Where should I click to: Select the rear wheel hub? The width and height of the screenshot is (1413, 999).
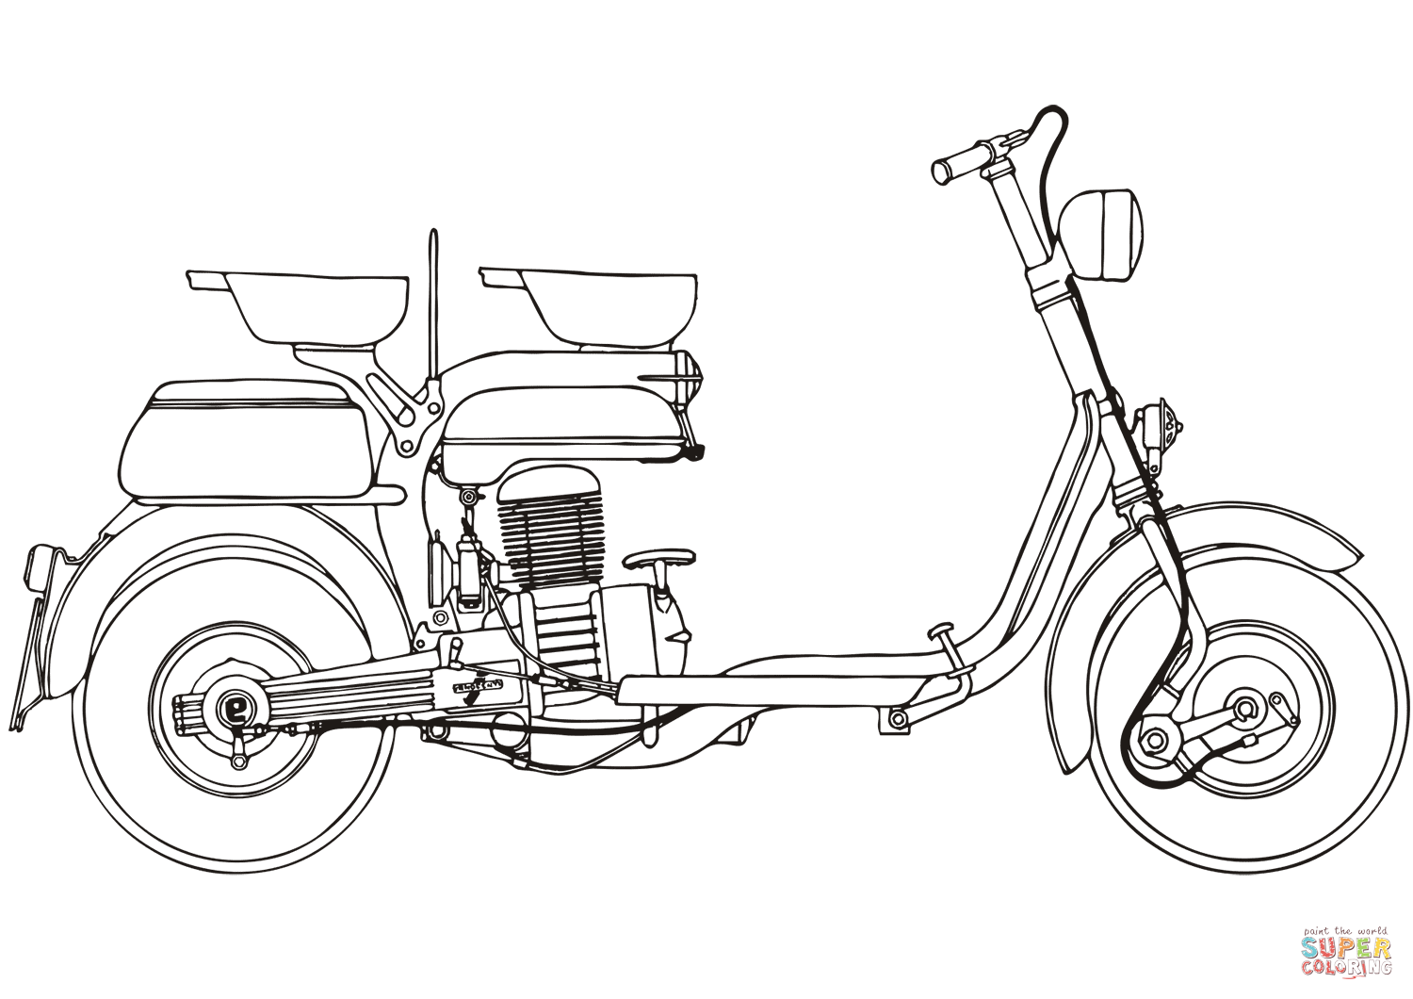(x=232, y=706)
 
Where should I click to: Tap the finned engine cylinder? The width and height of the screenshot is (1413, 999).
(x=550, y=528)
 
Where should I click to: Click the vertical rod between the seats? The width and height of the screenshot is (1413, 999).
(x=433, y=302)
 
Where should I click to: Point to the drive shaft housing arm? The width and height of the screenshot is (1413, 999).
(x=358, y=688)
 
